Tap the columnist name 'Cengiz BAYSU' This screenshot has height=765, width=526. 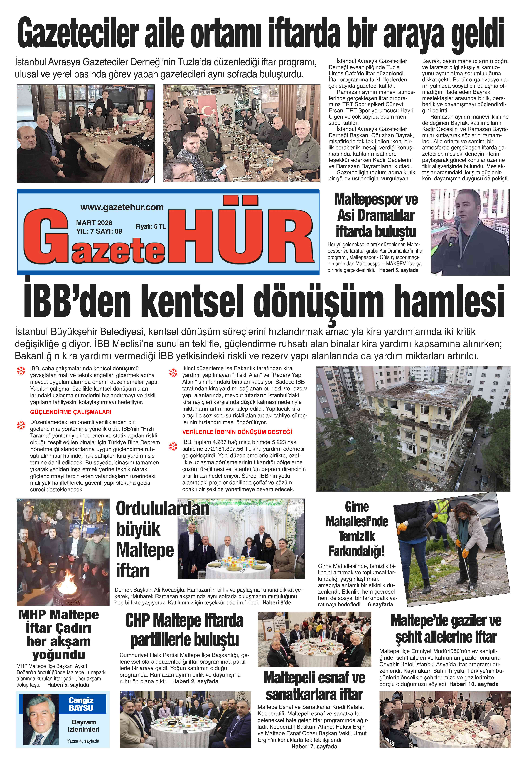point(81,704)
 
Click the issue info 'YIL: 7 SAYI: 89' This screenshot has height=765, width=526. point(99,231)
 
